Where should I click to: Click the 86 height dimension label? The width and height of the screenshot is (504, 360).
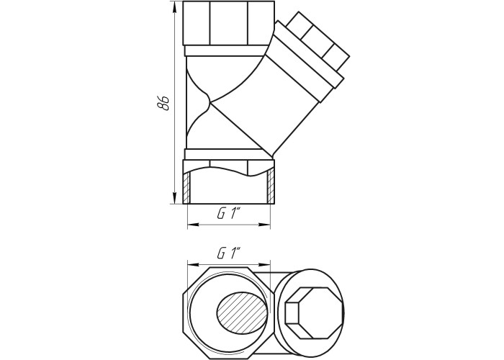tap(163, 102)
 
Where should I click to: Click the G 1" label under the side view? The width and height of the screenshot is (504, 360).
tap(229, 214)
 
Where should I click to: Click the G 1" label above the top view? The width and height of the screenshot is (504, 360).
tap(229, 254)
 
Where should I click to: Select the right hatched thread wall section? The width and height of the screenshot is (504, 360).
tap(271, 185)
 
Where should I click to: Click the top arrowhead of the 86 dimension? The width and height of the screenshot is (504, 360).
tap(174, 7)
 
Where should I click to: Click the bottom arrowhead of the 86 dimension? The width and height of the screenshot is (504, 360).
tap(174, 198)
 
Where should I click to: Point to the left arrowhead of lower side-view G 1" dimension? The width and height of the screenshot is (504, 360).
tap(193, 225)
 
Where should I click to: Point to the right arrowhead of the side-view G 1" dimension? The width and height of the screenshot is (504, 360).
tap(264, 225)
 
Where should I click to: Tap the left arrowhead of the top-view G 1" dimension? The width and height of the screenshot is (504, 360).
tap(193, 264)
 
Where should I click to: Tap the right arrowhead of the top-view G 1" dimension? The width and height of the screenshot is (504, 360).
tap(264, 264)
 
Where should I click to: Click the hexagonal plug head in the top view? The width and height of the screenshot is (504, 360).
tap(315, 313)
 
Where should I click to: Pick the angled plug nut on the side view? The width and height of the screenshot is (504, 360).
tap(318, 40)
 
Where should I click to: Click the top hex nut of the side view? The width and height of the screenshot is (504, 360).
tap(229, 23)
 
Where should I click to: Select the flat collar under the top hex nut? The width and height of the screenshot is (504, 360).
tap(227, 50)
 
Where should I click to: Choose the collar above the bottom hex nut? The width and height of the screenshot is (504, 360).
tap(228, 154)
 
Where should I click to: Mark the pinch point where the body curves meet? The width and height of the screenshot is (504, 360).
tap(210, 102)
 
